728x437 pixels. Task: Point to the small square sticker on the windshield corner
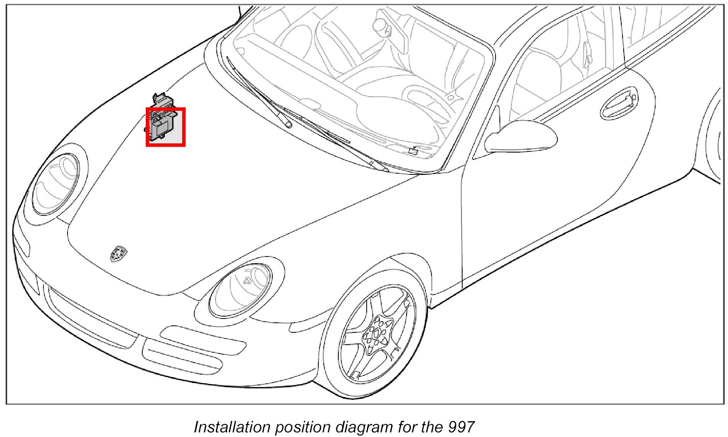[413, 151]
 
